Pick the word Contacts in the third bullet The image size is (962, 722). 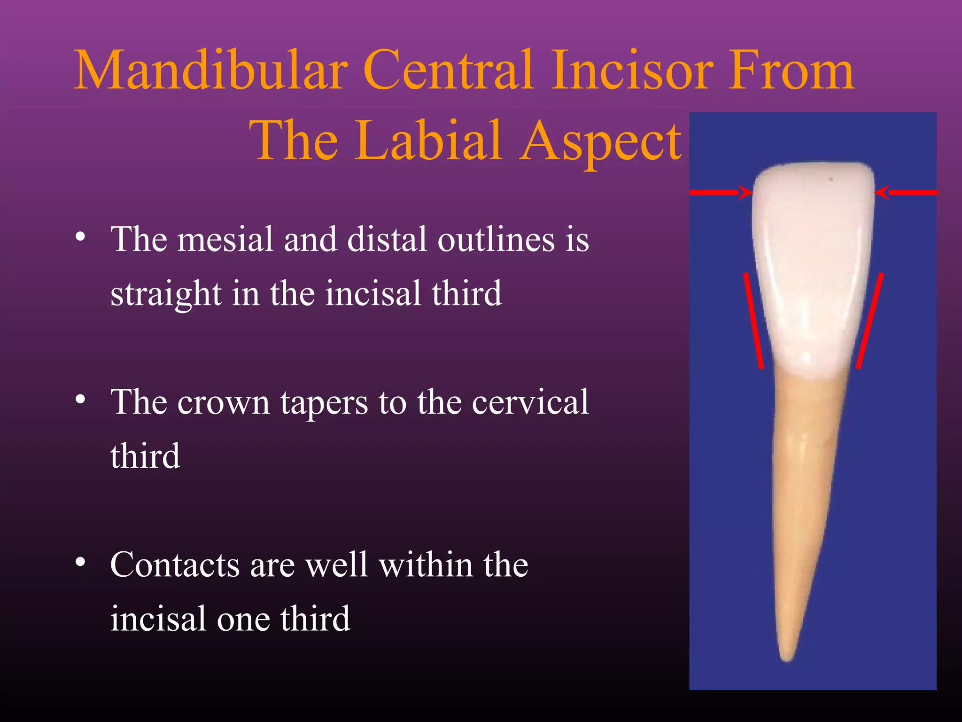point(174,565)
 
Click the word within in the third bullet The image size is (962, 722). point(426,565)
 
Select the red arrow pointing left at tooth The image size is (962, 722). point(907,192)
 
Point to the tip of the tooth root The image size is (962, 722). point(786,658)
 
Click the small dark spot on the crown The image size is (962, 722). point(831,179)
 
